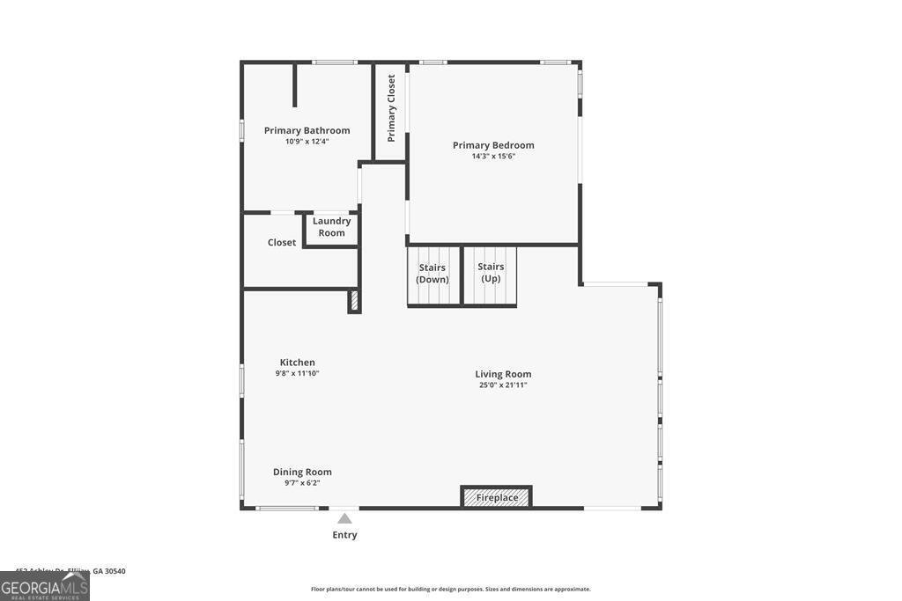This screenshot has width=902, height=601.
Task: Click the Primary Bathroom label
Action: click(307, 130)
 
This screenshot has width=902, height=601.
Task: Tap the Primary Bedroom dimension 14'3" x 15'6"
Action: click(493, 157)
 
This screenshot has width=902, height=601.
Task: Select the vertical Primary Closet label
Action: click(391, 108)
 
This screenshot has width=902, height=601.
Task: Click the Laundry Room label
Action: click(331, 227)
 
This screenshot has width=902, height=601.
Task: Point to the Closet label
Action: click(282, 243)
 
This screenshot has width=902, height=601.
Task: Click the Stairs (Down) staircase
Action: click(433, 275)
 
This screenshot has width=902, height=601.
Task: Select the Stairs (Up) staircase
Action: click(491, 275)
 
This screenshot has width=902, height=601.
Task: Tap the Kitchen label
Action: click(297, 363)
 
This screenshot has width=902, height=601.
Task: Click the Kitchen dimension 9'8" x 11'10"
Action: click(297, 373)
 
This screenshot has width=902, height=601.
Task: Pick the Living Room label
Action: click(503, 374)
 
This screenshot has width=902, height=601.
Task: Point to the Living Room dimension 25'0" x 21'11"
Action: click(503, 385)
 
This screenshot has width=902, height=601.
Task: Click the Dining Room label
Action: click(302, 472)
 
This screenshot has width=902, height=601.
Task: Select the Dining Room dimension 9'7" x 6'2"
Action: click(302, 482)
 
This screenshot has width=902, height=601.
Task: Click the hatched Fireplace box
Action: click(497, 497)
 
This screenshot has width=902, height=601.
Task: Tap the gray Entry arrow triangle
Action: click(344, 518)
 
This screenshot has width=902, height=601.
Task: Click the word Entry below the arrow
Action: click(344, 535)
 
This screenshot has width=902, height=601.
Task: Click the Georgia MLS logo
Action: click(44, 586)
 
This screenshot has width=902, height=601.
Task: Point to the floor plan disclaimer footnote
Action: click(450, 590)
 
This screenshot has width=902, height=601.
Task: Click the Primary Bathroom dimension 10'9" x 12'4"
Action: click(307, 142)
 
